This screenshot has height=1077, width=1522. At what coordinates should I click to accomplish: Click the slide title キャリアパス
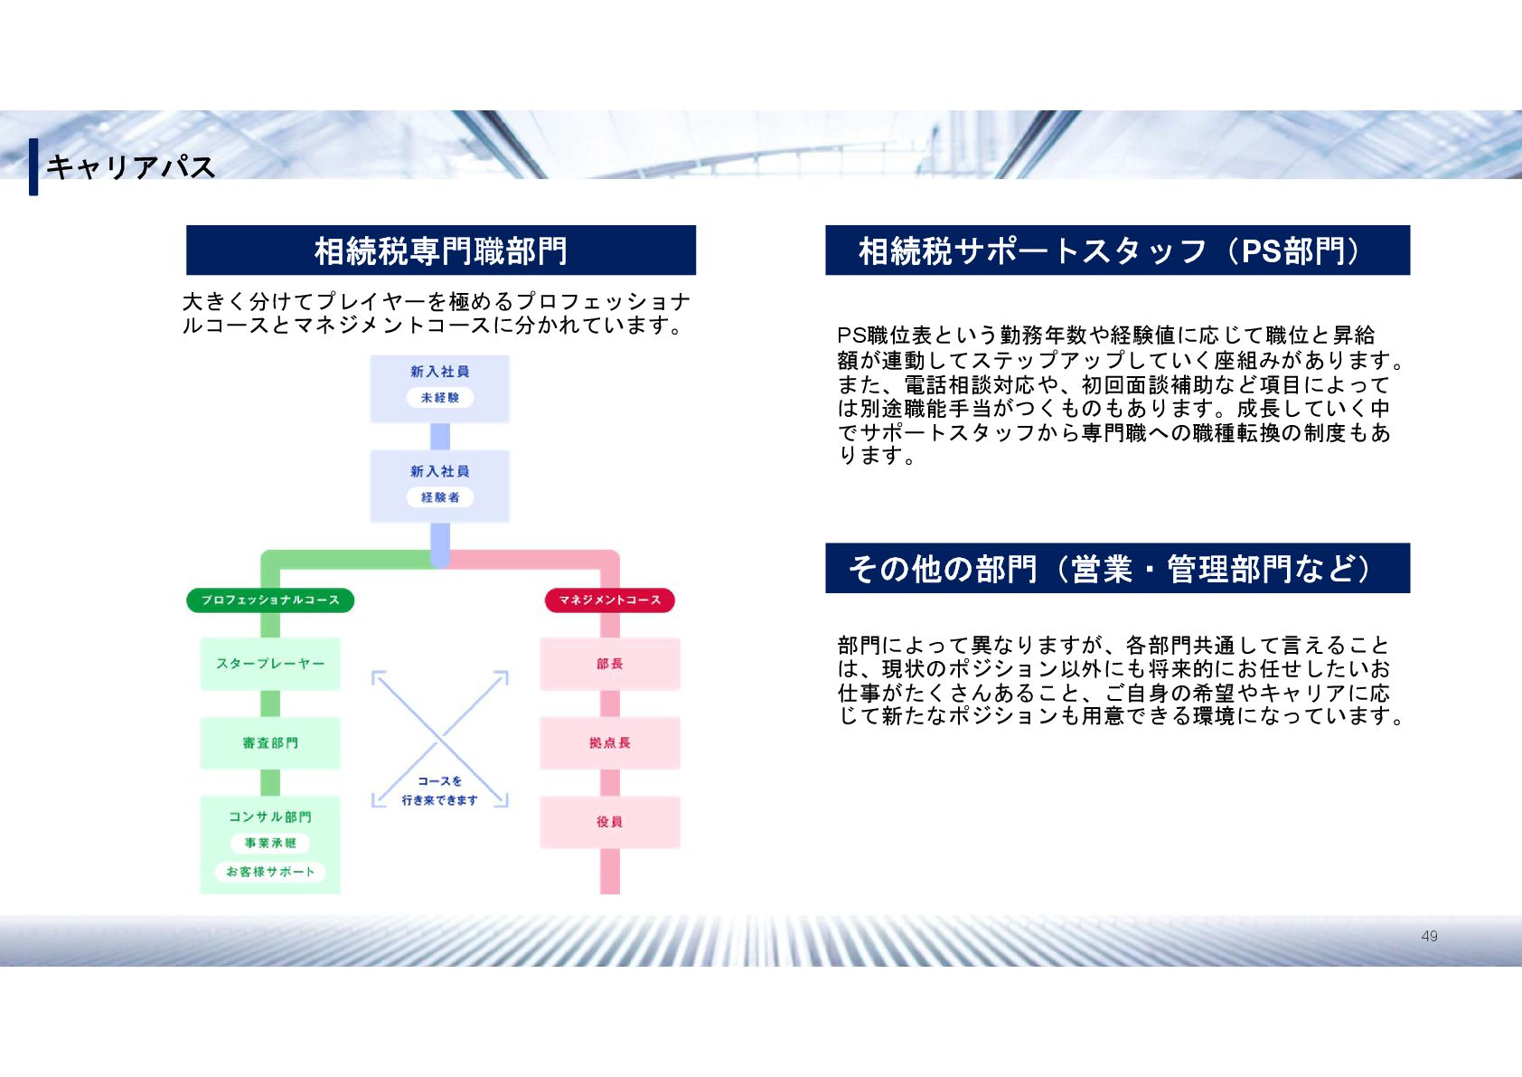pos(130,166)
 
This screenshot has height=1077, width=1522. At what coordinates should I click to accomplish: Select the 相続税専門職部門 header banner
pos(441,250)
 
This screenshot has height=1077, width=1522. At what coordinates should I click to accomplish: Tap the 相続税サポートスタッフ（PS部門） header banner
pos(1117,250)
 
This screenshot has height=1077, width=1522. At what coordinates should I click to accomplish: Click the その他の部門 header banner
pos(1117,569)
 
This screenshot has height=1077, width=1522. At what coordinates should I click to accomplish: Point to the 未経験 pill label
pos(440,398)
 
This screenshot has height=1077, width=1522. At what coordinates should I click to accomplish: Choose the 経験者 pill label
pos(440,497)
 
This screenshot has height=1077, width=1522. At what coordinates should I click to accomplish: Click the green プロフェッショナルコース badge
pos(270,600)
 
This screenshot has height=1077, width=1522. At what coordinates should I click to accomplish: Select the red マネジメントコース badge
pos(610,600)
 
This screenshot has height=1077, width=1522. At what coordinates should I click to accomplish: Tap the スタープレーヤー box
pos(270,664)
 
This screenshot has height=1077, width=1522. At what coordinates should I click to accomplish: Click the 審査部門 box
pos(270,743)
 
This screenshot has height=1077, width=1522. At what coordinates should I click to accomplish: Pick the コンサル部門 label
pos(270,817)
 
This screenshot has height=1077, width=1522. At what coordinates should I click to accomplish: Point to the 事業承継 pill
pos(270,844)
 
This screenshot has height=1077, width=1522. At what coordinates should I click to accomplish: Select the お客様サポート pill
pos(270,872)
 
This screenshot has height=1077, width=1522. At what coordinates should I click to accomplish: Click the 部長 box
pos(610,664)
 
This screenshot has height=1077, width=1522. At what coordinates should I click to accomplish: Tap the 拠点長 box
pos(610,743)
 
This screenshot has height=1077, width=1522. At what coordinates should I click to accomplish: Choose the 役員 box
pos(610,822)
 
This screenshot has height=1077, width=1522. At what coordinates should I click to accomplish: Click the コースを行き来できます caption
pos(440,790)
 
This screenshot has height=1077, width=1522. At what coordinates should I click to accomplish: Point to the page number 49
pos(1429,936)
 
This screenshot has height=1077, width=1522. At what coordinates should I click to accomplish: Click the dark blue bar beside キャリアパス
pos(33,166)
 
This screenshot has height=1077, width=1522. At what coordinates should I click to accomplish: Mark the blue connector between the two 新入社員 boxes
pos(440,437)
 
